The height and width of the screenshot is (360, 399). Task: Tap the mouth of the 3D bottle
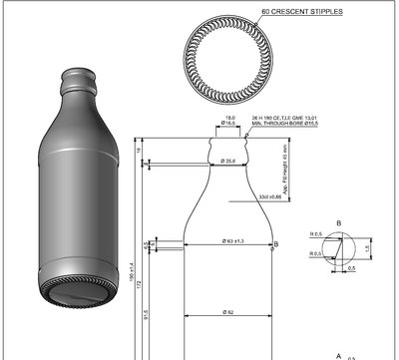click(79, 74)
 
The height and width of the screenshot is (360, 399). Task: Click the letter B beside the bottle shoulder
click(276, 243)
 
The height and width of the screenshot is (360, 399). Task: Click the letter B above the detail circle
click(339, 222)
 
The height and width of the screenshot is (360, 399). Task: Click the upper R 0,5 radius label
click(316, 234)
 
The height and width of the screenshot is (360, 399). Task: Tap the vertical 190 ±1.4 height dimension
click(131, 269)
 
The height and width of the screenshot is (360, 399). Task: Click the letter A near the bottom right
click(339, 354)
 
